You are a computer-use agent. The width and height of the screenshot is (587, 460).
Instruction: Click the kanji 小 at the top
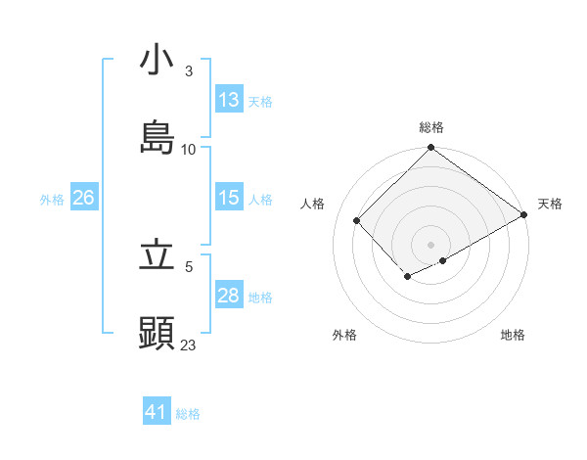[x=157, y=61]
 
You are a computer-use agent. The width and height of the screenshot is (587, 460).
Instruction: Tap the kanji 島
[x=157, y=138]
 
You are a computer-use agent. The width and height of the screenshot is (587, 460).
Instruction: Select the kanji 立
[x=157, y=256]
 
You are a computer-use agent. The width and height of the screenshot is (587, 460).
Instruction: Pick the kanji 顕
[x=157, y=334]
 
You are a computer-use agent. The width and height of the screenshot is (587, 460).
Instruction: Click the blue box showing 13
[x=229, y=100]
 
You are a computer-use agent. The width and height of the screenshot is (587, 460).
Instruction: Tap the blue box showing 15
[x=229, y=198]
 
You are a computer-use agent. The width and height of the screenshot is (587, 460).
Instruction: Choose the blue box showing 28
[x=229, y=296]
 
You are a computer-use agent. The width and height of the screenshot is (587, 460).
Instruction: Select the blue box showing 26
[x=83, y=198]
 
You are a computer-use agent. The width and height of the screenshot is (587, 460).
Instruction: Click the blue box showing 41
[x=157, y=412]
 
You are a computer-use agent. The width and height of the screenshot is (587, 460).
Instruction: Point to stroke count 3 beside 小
[x=189, y=71]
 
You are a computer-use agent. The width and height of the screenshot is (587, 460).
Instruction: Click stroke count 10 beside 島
[x=189, y=149]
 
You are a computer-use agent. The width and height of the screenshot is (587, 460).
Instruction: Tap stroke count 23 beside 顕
[x=189, y=345]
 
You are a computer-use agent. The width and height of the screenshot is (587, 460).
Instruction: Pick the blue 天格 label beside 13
[x=260, y=101]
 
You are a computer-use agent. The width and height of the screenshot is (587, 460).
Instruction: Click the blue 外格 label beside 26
[x=52, y=199]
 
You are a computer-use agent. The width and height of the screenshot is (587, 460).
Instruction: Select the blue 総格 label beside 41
[x=188, y=414]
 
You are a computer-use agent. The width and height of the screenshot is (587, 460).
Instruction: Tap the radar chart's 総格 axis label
[x=431, y=127]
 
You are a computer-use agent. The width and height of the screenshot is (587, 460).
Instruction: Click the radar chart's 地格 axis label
[x=513, y=335]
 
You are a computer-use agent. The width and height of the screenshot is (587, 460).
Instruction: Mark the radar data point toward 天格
[x=524, y=216]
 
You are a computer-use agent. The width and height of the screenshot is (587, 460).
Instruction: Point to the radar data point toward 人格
[x=357, y=220]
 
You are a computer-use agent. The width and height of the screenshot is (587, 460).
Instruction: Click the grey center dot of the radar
[x=430, y=244]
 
